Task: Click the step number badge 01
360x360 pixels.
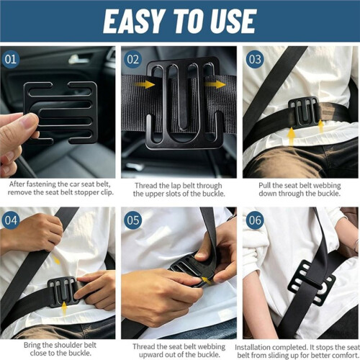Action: [10, 59]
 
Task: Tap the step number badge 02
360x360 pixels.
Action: [132, 59]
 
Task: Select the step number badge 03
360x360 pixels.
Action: [255, 59]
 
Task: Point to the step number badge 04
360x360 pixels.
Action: [10, 220]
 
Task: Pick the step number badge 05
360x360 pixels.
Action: [132, 220]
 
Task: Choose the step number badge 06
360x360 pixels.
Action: [255, 220]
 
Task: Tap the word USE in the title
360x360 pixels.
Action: [233, 21]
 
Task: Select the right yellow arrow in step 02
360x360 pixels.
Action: [215, 84]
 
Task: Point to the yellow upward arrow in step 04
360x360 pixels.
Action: [64, 309]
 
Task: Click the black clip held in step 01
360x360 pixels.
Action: [60, 113]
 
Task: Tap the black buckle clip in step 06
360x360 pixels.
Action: [312, 283]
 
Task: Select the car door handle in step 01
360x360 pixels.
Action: [78, 59]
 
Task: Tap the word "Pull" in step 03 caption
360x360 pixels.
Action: [264, 185]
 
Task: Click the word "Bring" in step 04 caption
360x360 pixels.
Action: [32, 346]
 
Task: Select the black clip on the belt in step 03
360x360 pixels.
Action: [304, 113]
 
